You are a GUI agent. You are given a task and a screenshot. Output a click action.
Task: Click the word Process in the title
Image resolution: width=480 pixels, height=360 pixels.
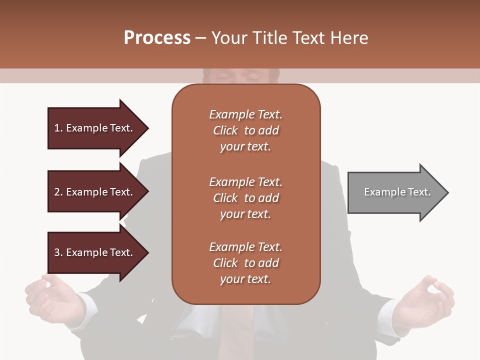coord(157,38)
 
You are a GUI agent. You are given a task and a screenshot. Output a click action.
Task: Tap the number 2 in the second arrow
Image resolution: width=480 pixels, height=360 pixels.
coord(57,192)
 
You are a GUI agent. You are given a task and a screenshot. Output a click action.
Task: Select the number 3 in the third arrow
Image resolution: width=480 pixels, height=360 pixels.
coord(57,252)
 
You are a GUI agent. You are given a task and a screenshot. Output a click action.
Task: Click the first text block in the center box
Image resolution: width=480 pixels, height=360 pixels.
coord(245,130)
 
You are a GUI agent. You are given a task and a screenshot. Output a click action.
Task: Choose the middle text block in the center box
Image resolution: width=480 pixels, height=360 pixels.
coord(245,198)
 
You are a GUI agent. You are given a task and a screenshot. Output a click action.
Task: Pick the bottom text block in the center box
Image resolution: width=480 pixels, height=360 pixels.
coord(245,263)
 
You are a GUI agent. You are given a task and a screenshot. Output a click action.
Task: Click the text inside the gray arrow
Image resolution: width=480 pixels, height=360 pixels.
coord(397,192)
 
